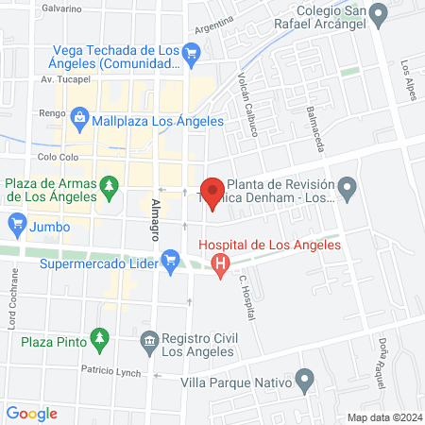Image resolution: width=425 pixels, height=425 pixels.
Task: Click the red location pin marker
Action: pyautogui.click(x=212, y=192)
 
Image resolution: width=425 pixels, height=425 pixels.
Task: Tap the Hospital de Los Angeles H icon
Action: pyautogui.click(x=220, y=266)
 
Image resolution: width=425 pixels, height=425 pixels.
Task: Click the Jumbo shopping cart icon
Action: pyautogui.click(x=16, y=225)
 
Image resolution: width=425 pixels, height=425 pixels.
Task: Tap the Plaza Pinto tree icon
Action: pyautogui.click(x=98, y=338)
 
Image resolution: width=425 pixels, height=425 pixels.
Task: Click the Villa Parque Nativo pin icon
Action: pyautogui.click(x=304, y=382)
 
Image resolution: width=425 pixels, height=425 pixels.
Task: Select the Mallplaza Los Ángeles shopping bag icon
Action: pyautogui.click(x=79, y=120)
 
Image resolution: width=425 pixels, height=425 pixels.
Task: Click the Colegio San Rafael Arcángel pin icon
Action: pyautogui.click(x=379, y=15)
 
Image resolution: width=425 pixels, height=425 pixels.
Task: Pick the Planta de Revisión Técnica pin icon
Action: pyautogui.click(x=347, y=189)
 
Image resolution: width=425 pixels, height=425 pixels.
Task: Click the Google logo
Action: pyautogui.click(x=31, y=413)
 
